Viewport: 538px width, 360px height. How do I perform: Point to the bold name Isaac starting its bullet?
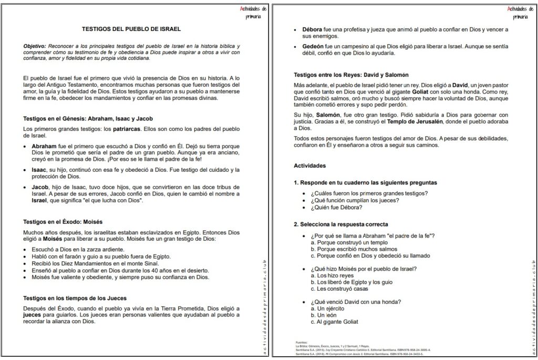coord(41,170)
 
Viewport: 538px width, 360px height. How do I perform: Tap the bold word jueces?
coord(35,315)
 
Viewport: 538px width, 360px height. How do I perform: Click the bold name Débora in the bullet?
coord(314,29)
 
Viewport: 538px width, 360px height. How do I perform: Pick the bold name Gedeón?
coord(315,46)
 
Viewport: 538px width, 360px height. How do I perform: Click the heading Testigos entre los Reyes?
coord(344,75)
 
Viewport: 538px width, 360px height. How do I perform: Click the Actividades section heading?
coord(309,166)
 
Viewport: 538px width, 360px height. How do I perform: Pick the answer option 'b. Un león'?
coord(327,315)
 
